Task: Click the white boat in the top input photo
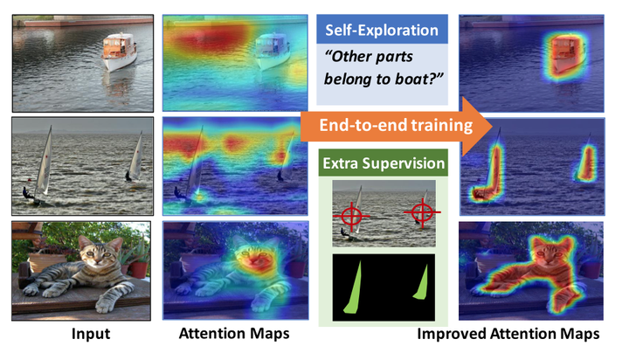[117, 52]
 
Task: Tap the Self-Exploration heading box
[381, 30]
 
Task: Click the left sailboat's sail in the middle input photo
[45, 157]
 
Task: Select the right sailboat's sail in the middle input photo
[135, 156]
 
